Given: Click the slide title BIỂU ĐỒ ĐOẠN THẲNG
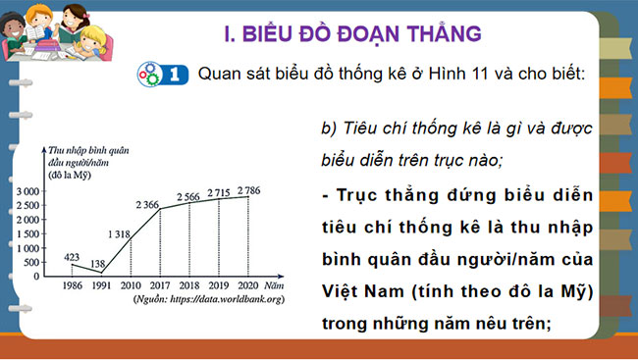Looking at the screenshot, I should [353, 34].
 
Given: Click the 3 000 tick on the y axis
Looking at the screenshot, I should [26, 191].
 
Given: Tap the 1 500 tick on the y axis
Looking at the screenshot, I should [26, 233].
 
